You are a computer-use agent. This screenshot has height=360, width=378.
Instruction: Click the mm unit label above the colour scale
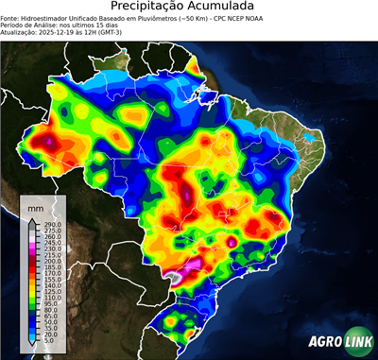(x=35, y=206)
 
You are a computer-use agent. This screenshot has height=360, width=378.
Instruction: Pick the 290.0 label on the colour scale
(x=47, y=223)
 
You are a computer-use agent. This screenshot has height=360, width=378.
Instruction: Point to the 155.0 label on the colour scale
(x=47, y=279)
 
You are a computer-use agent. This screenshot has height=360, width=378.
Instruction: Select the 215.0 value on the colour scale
(x=47, y=254)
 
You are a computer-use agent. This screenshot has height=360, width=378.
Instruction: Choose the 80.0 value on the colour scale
(x=46, y=310)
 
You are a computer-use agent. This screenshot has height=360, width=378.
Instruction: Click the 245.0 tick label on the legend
(x=47, y=242)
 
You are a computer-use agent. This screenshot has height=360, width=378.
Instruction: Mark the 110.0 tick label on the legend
(x=47, y=298)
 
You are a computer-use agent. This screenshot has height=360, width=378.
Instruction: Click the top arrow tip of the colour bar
(x=29, y=218)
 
